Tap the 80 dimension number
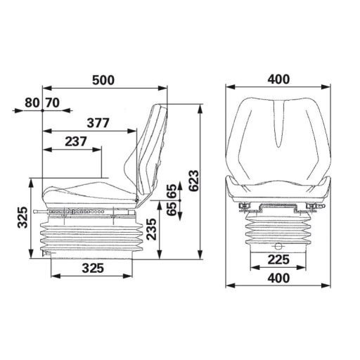[x=32, y=103]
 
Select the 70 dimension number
[x=52, y=103]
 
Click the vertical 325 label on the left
[x=22, y=219]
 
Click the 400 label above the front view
[x=279, y=79]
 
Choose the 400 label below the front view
[x=279, y=278]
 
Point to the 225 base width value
[x=279, y=259]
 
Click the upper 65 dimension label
[x=171, y=191]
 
